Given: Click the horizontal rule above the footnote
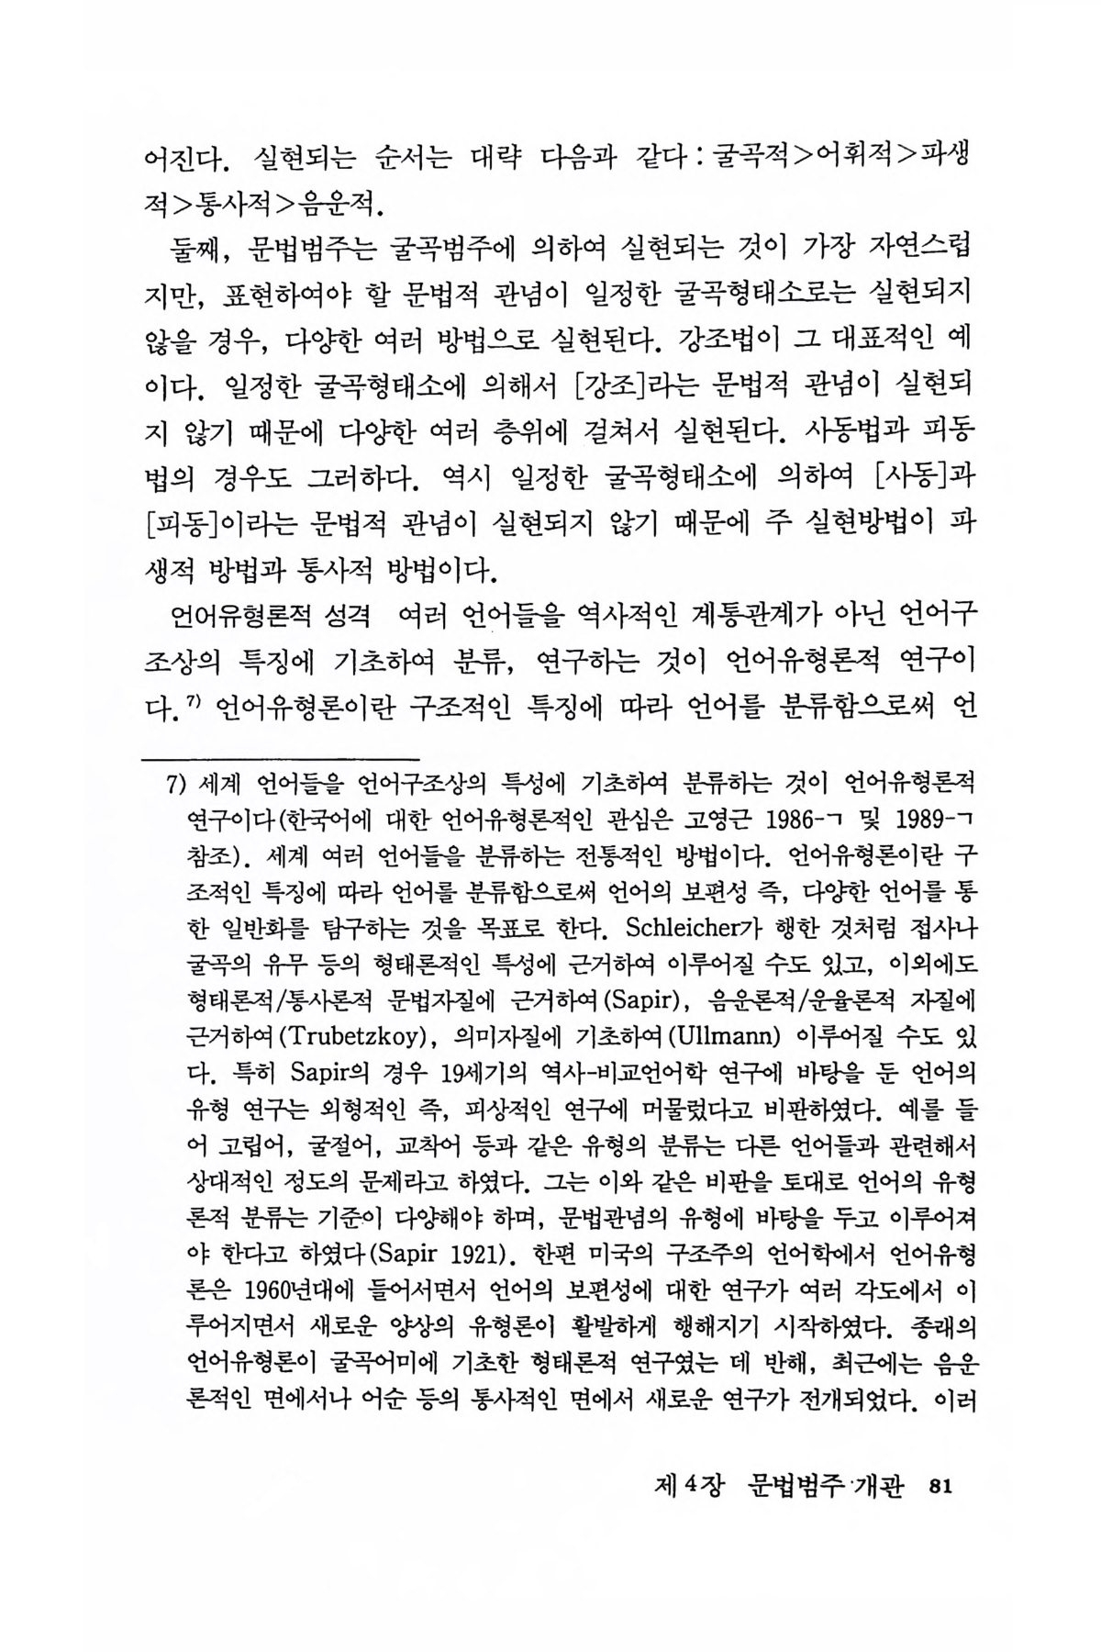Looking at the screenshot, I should coord(281,758).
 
